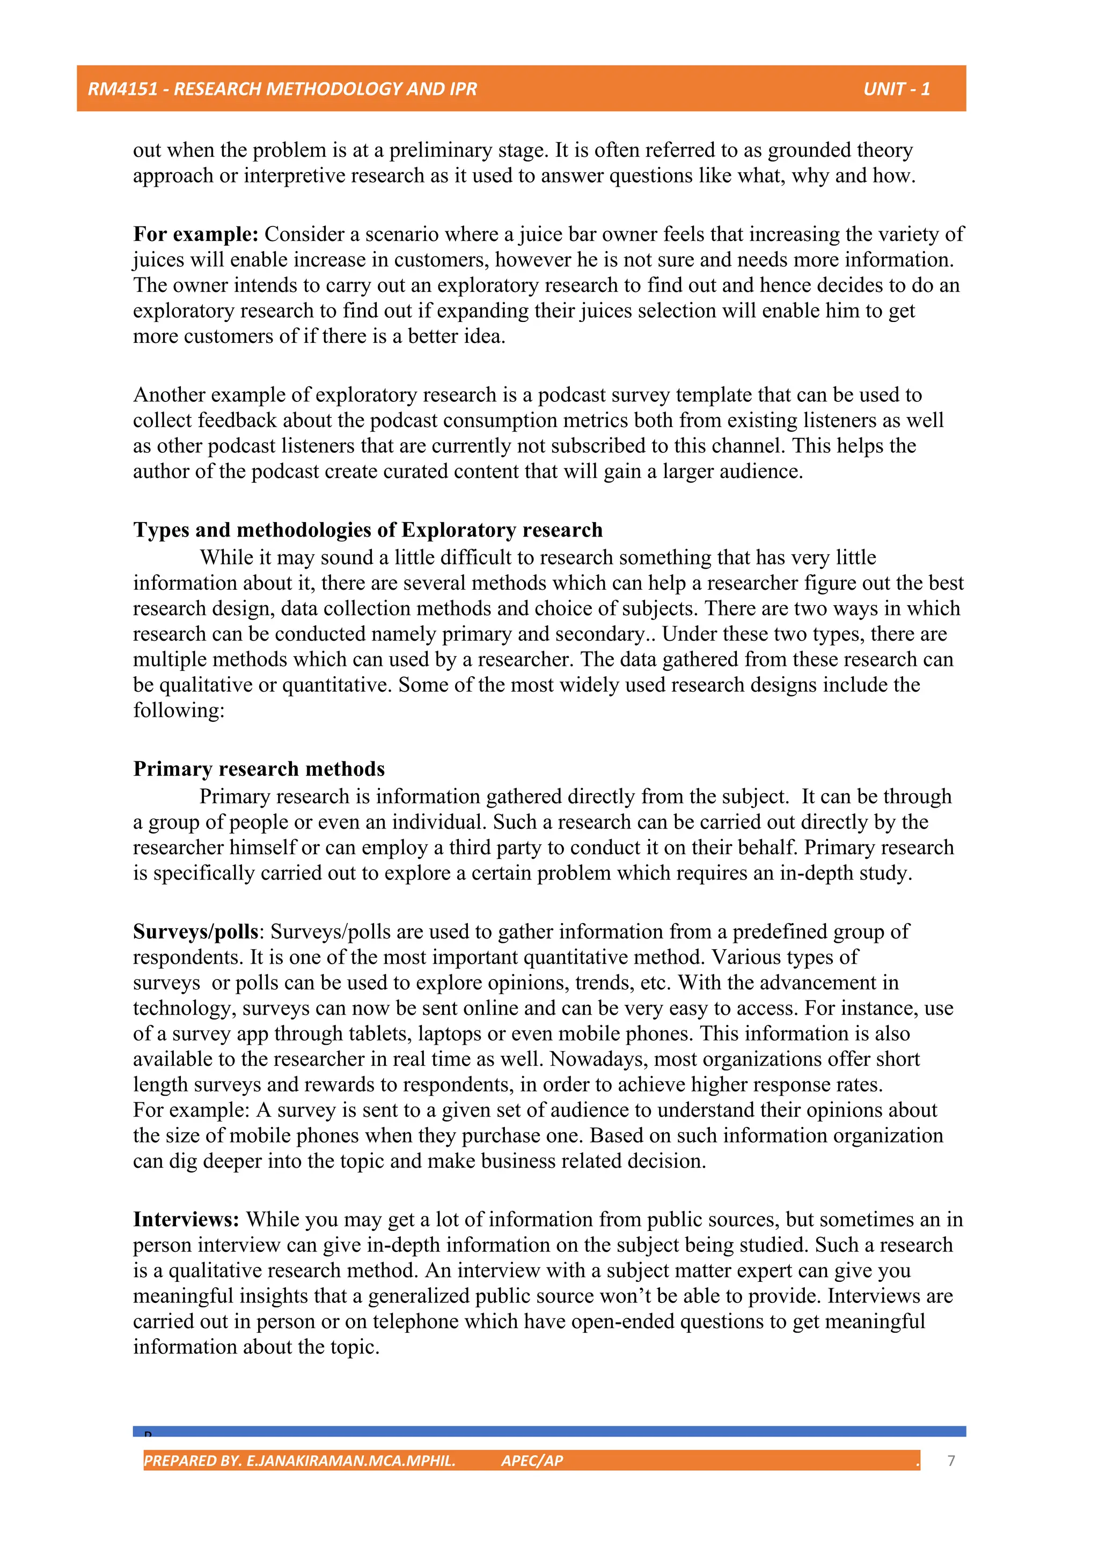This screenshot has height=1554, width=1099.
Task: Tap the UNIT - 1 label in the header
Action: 896,89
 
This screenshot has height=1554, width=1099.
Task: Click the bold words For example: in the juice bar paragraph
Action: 195,234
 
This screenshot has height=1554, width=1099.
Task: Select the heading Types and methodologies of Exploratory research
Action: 368,530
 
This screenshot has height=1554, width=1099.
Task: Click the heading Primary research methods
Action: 259,769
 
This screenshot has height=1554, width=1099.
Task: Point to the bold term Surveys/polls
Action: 195,932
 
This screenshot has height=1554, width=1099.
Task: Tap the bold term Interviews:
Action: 186,1220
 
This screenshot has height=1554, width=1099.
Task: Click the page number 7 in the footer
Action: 951,1461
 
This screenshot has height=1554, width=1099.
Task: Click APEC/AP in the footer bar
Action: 532,1461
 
